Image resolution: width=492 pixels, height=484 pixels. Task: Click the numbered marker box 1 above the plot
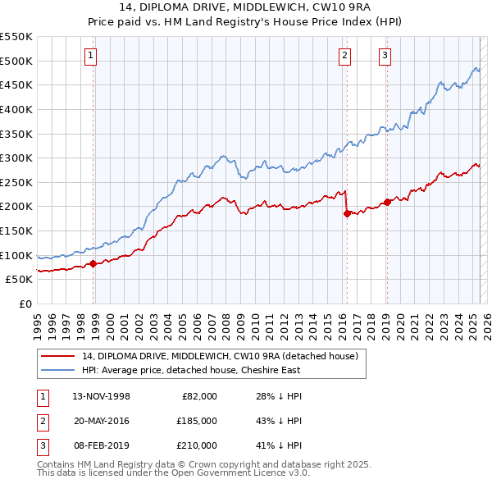(89, 56)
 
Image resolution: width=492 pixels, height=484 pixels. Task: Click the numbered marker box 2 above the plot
(344, 56)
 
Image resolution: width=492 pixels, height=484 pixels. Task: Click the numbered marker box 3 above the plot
(385, 56)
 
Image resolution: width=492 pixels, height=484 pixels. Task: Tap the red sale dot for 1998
(93, 263)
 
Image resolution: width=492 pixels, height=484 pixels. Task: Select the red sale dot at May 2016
(347, 213)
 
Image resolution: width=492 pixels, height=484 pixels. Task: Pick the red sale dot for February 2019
(387, 202)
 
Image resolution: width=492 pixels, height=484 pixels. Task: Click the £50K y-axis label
(19, 280)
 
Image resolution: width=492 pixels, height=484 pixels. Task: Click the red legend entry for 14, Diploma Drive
(220, 356)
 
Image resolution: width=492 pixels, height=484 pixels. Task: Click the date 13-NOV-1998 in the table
(102, 396)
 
